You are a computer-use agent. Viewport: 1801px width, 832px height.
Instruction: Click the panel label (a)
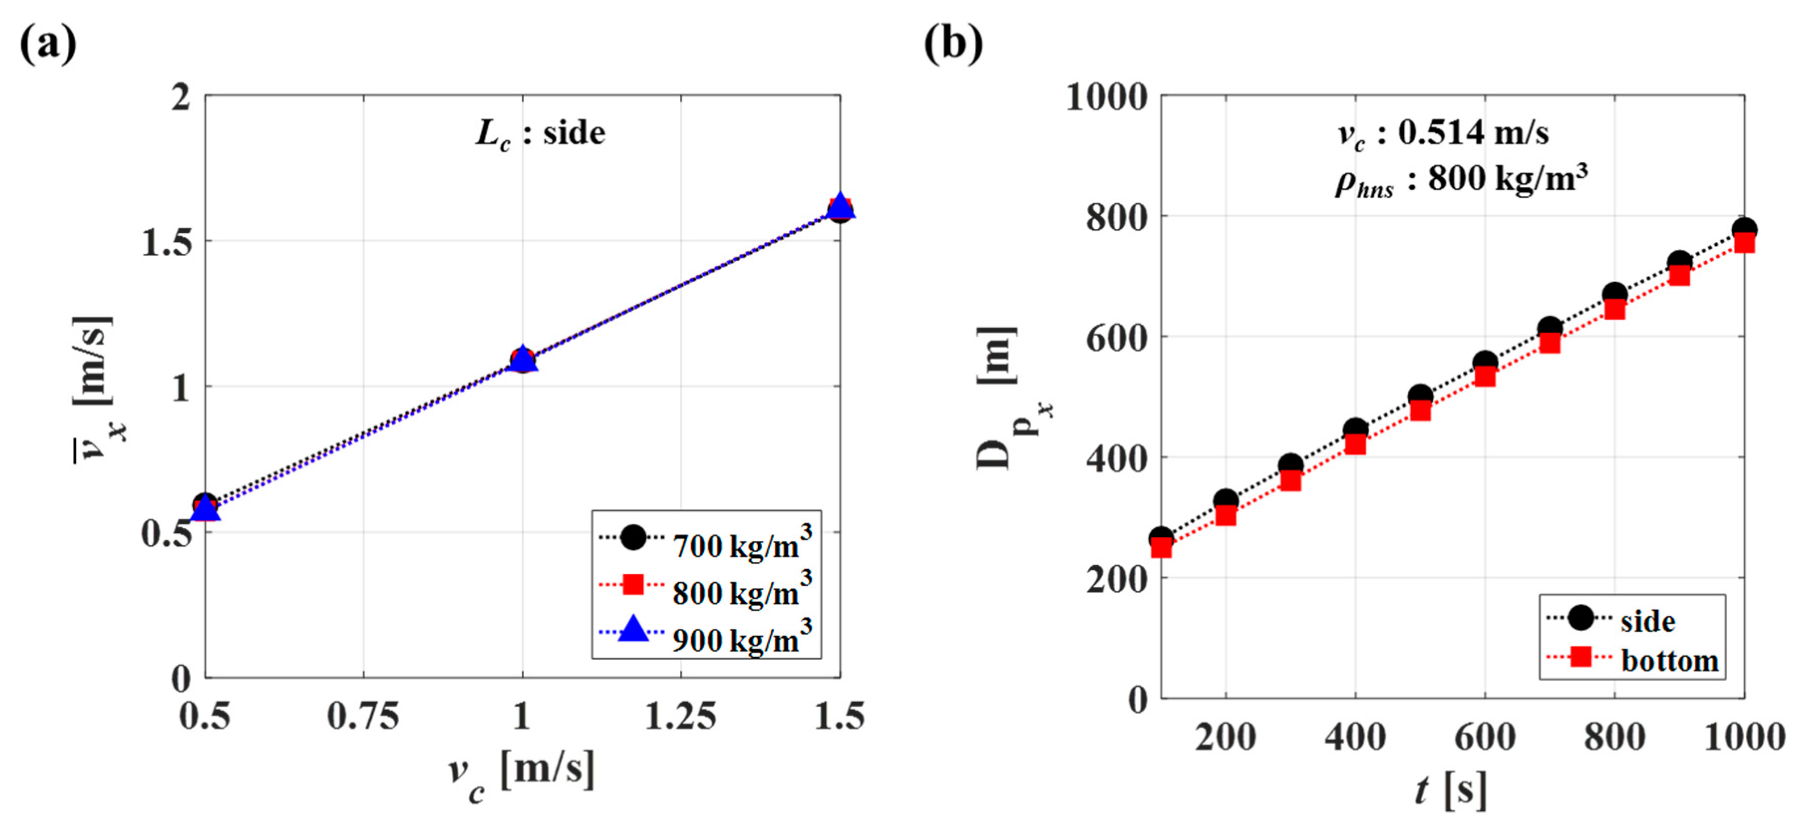(47, 43)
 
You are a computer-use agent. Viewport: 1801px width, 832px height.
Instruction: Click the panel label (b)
(953, 43)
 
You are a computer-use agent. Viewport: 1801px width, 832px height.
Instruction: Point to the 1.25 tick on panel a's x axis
(680, 716)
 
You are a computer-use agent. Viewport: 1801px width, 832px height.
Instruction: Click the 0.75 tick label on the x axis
(363, 716)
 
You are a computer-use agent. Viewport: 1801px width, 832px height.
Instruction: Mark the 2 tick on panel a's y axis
(181, 97)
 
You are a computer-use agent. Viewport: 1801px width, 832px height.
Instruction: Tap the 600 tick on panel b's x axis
(1484, 736)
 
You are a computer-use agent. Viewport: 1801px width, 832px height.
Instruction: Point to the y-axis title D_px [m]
(1003, 398)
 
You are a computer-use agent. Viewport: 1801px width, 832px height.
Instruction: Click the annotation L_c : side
(540, 133)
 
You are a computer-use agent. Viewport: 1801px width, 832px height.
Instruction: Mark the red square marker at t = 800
(1614, 309)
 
